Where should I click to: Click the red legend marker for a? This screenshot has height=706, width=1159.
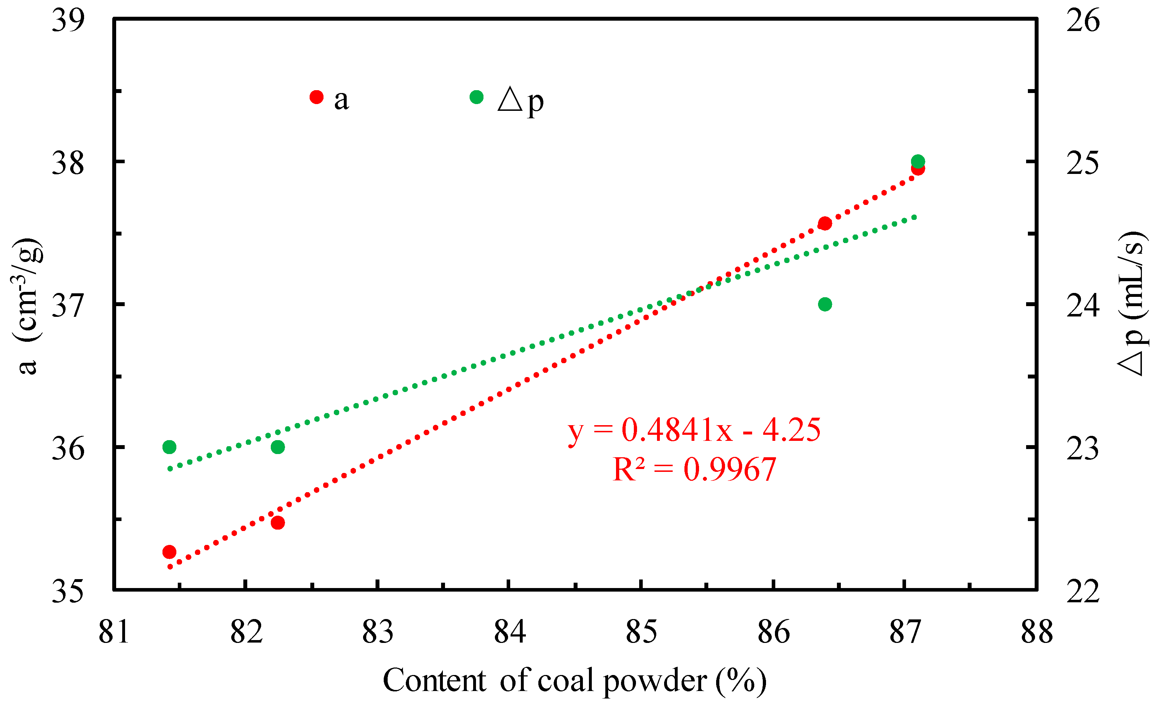click(x=317, y=97)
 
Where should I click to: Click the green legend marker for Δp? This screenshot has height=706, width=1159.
click(x=476, y=97)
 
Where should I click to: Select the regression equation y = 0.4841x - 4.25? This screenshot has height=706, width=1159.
click(x=694, y=429)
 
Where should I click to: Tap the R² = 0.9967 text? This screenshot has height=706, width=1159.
click(x=694, y=469)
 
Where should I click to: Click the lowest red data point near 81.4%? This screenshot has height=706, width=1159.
click(x=169, y=552)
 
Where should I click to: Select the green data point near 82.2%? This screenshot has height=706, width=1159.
click(x=278, y=447)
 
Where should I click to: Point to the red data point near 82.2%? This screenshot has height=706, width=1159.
click(x=278, y=522)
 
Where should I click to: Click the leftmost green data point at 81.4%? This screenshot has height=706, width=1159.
click(x=169, y=447)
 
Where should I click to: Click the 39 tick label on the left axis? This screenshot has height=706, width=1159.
click(x=68, y=21)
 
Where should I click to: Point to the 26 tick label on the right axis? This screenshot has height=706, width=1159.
click(x=1083, y=21)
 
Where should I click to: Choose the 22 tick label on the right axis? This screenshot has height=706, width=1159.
click(x=1083, y=591)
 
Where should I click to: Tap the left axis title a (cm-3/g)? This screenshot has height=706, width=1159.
click(x=27, y=306)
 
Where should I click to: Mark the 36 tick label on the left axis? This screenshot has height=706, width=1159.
click(x=68, y=449)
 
